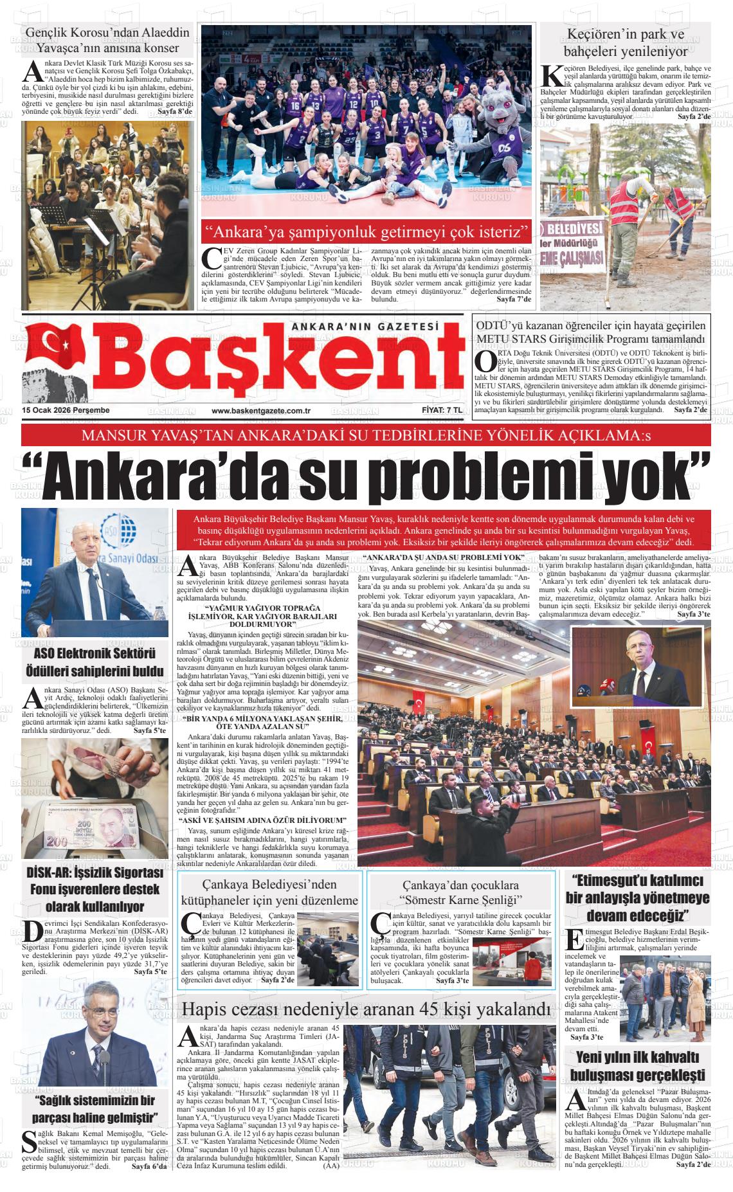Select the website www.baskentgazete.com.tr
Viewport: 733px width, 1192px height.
pos(261,411)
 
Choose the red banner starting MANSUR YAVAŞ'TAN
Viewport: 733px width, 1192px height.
pos(366,436)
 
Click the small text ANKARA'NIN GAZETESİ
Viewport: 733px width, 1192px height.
pos(365,327)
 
